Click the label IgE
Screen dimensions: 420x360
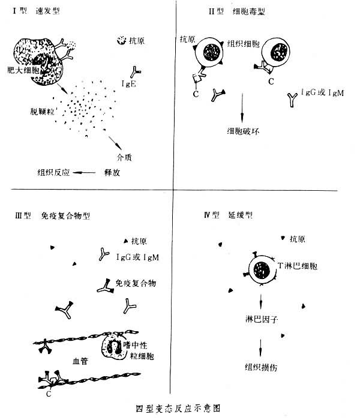point(130,84)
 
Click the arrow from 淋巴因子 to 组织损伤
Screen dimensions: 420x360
point(260,344)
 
